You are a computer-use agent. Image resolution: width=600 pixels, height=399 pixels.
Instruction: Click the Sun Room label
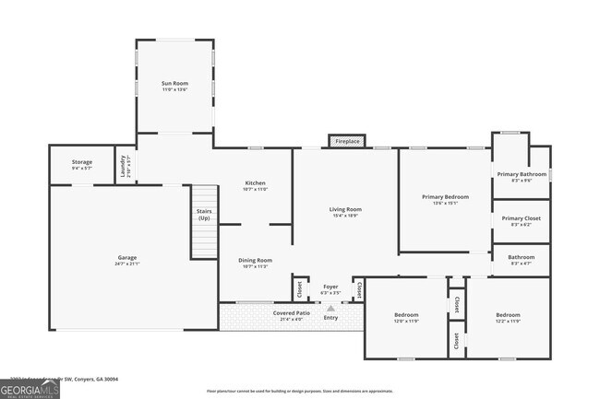coord(174,87)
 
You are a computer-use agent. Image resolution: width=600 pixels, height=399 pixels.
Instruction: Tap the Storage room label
coord(82,165)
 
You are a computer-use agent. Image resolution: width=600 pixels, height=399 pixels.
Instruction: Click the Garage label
coord(126,260)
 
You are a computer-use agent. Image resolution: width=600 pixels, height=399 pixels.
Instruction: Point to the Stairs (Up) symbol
coord(204,221)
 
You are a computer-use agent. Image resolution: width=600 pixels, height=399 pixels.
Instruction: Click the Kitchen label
coord(255,185)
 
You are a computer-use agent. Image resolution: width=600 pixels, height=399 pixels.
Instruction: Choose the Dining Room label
coord(256,263)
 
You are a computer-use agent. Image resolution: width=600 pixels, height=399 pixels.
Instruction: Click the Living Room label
coord(345,212)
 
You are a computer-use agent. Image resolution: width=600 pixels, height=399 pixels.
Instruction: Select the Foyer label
coord(330,288)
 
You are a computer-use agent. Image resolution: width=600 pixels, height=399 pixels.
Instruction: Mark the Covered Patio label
coord(291,315)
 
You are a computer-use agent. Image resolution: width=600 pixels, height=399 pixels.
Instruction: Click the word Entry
coord(330,318)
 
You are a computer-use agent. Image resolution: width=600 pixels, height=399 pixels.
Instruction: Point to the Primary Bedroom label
coord(445,199)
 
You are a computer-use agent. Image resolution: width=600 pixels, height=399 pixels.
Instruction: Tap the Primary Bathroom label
coord(521,177)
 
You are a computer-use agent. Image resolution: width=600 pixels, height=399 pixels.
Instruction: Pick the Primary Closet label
coord(521,220)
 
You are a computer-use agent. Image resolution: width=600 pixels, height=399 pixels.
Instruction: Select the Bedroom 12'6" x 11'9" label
coord(406,317)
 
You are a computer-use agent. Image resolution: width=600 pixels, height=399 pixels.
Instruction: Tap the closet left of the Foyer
coord(300,288)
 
